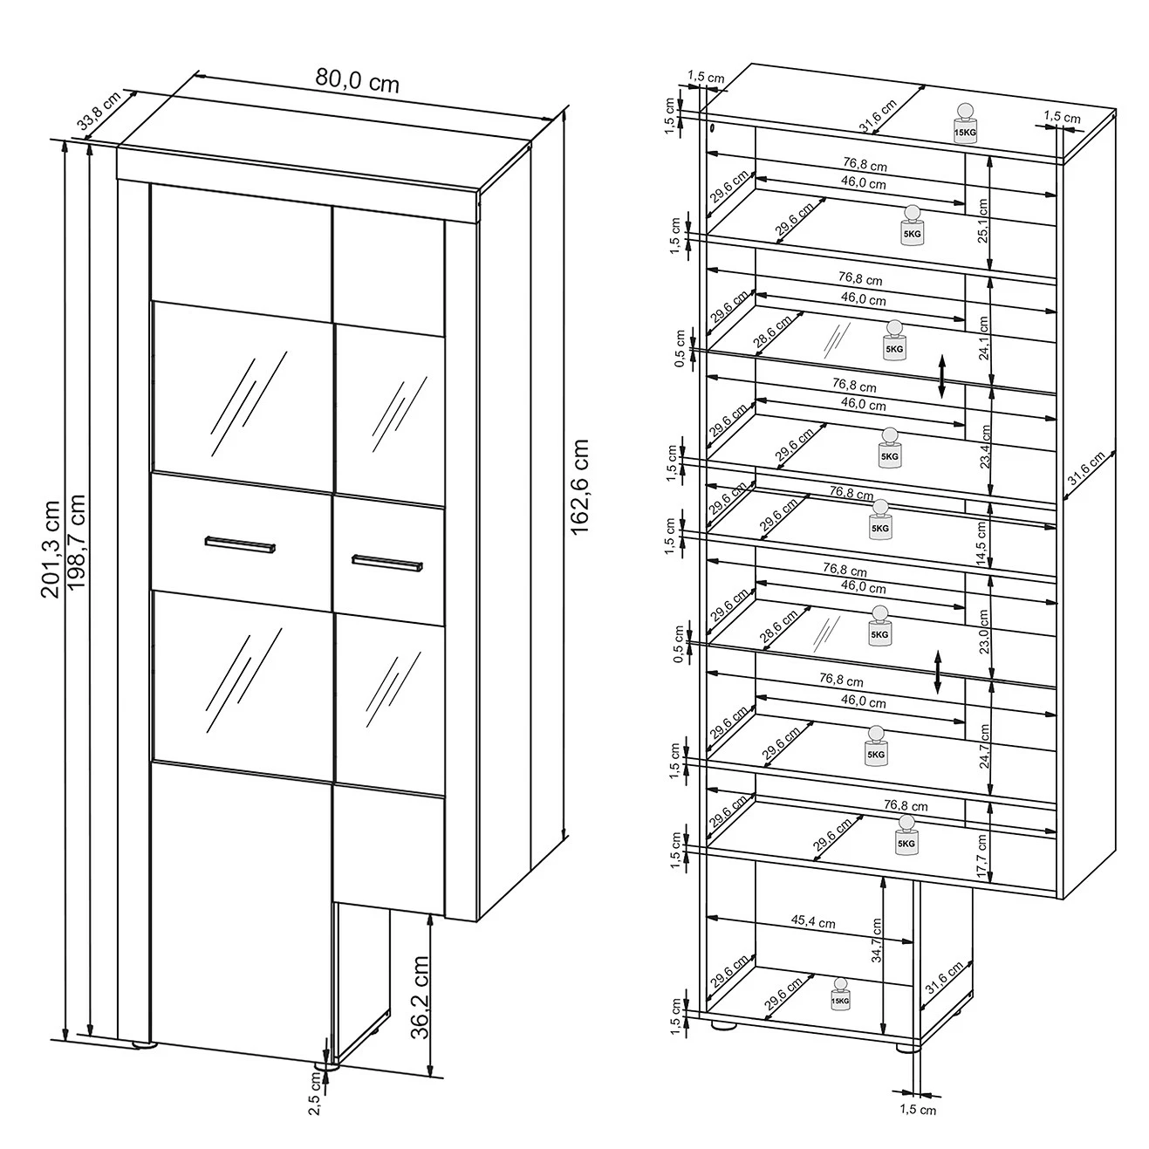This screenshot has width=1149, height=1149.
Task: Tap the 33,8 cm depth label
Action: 99,111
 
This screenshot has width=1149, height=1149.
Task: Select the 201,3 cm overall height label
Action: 51,549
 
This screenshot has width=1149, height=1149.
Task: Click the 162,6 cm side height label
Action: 580,487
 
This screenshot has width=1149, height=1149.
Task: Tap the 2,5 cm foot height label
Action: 315,1087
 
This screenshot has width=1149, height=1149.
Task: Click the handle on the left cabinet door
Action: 240,544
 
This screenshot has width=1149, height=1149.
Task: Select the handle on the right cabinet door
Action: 387,563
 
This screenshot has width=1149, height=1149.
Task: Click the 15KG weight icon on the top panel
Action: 965,123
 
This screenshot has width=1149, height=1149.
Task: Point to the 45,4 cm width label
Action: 813,922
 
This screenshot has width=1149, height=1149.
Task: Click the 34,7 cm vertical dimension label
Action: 876,957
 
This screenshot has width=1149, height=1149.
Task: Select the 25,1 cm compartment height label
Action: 982,221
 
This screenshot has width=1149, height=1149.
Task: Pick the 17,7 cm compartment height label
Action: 982,855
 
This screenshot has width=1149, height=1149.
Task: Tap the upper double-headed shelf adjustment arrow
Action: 941,376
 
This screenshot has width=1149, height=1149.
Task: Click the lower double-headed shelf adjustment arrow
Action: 938,672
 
